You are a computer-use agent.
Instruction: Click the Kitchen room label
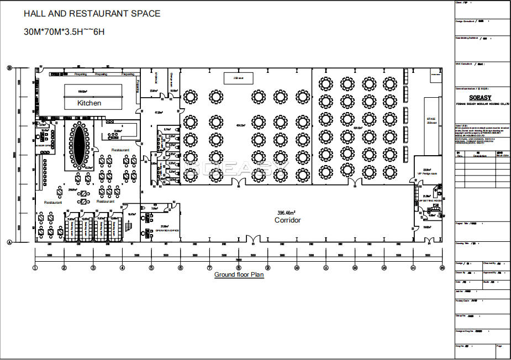point(89,103)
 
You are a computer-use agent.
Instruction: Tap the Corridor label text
point(287,220)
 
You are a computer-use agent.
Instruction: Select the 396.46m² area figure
point(286,213)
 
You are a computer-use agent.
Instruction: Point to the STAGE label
point(431,119)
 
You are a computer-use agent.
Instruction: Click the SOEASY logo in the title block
point(482,96)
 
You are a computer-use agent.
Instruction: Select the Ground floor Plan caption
point(239,274)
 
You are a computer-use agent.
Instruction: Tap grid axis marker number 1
point(35,268)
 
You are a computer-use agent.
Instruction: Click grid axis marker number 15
point(442,268)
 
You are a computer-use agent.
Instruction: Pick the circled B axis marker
point(9,68)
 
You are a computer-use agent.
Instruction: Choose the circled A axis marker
point(9,242)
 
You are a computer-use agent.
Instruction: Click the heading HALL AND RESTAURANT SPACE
point(92,14)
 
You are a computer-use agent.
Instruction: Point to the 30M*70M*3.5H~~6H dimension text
point(64,31)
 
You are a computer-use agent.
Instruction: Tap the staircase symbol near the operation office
point(128,226)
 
